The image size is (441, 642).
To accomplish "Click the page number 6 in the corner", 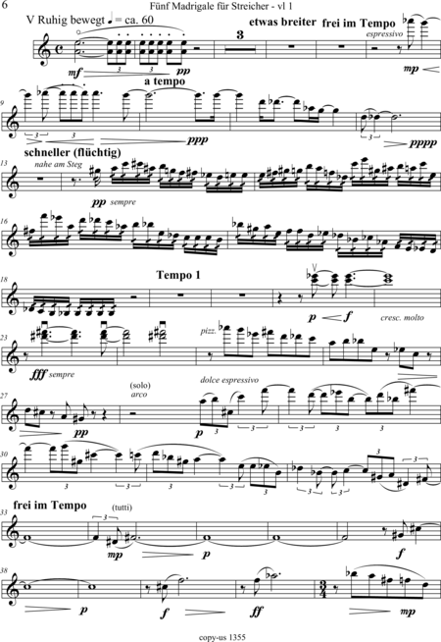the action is (x=5, y=5).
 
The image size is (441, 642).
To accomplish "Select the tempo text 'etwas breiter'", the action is (x=282, y=22).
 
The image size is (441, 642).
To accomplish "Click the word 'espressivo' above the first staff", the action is (x=384, y=34).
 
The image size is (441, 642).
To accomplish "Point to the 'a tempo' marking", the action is (x=165, y=81).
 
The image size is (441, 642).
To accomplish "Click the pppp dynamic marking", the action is (x=422, y=142).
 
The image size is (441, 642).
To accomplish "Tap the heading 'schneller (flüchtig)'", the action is (x=73, y=153).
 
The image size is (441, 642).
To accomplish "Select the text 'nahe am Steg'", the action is (x=59, y=165).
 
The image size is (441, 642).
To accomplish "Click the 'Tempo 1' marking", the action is (x=178, y=275).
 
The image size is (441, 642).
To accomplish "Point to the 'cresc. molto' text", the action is (x=402, y=318).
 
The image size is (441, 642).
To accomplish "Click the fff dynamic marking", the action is (x=38, y=374).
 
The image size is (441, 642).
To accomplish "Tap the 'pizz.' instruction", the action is (x=208, y=332).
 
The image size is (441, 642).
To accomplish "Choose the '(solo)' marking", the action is (x=140, y=385).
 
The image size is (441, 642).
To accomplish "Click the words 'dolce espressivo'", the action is (x=229, y=380).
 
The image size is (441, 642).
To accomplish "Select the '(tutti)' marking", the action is (x=122, y=508).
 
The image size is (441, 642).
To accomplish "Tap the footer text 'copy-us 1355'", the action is (x=222, y=637).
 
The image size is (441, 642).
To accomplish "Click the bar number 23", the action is (x=5, y=339).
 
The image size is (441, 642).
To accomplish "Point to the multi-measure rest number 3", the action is (x=240, y=34).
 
